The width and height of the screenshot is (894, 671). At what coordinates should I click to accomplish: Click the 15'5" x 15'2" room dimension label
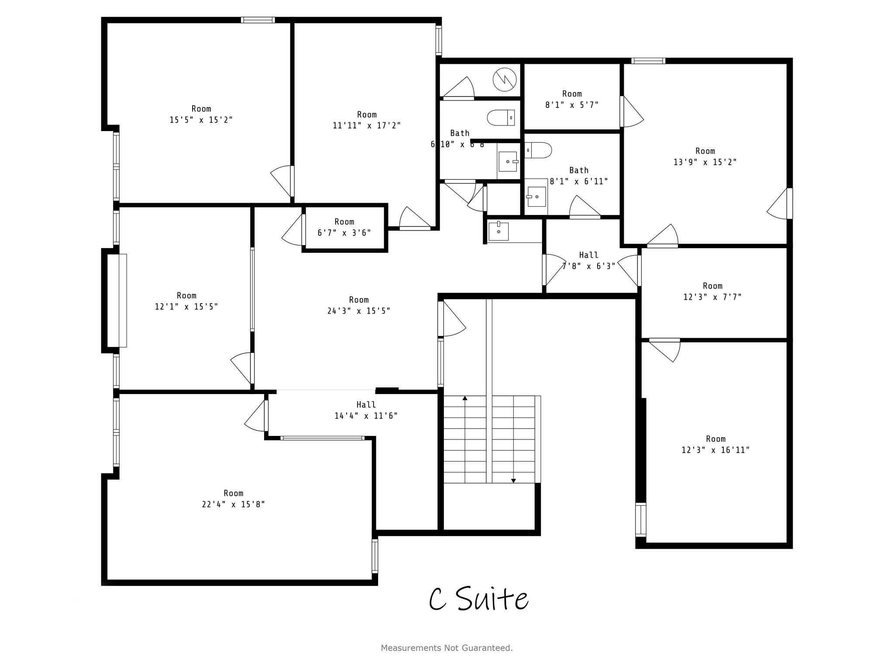[201, 120]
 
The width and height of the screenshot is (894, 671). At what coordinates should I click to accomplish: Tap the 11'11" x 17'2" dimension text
[367, 126]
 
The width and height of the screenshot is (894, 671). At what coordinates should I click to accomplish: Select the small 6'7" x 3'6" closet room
[344, 228]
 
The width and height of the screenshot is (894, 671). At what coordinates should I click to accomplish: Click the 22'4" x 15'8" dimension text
[233, 505]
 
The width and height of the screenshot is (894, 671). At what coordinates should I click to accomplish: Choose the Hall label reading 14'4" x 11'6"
[366, 410]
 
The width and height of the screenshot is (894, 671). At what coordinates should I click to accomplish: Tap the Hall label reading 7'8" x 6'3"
[588, 260]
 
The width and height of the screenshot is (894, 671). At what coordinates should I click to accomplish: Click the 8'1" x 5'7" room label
[572, 99]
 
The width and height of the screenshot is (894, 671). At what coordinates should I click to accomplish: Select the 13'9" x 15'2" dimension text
[705, 162]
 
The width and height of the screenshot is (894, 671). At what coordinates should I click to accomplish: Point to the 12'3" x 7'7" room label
[712, 291]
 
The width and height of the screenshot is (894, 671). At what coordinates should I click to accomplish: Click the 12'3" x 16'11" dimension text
[715, 450]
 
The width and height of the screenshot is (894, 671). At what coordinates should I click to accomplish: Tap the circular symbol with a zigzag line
[505, 80]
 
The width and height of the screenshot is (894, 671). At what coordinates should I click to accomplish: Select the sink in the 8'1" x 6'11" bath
[536, 197]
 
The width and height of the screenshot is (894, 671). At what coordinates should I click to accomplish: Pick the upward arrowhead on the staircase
[465, 398]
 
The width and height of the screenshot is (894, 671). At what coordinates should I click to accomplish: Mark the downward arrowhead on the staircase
[513, 481]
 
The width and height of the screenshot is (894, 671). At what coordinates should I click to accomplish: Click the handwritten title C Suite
[478, 599]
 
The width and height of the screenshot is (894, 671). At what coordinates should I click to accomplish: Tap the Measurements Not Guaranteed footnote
[447, 648]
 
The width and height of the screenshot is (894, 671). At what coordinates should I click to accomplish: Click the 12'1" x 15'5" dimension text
[186, 307]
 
